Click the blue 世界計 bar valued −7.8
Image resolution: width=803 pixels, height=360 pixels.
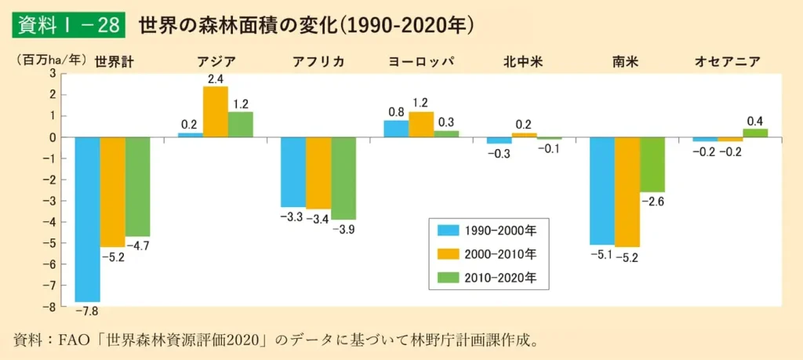coord(87,220)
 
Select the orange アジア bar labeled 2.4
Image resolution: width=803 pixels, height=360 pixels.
coord(216,111)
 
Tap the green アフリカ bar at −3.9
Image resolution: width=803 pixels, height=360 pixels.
coord(343,178)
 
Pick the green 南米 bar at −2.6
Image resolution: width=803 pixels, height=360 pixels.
coord(652,165)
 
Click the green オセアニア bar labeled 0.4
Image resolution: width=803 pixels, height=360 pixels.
coord(755,133)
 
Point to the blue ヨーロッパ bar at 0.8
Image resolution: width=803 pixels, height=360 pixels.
coord(395,129)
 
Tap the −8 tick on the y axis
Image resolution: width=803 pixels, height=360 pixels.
coord(51,307)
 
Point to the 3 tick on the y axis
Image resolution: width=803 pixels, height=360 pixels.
coord(53,73)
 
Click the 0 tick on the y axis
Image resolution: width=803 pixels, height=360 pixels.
coord(53,137)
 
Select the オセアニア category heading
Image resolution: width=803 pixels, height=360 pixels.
coord(728,61)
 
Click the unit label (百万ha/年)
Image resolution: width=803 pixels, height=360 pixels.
coord(49,59)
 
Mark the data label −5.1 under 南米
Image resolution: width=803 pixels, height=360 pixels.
coord(601,255)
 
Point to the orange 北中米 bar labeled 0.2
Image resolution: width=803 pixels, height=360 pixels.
coord(523,135)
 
